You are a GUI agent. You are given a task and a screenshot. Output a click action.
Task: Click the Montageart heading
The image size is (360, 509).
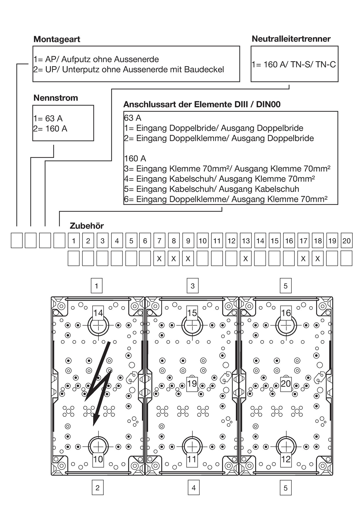[57, 39]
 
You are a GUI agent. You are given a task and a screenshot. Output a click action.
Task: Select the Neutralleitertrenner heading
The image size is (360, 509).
[291, 39]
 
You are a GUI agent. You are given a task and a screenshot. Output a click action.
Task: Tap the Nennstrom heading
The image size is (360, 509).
[55, 98]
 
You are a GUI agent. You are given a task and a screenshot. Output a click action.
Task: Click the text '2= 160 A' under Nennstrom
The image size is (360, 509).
[50, 129]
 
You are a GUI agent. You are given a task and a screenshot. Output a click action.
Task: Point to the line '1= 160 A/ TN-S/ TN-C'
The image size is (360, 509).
[294, 64]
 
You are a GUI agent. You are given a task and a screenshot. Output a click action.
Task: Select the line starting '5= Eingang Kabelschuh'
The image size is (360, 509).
[211, 189]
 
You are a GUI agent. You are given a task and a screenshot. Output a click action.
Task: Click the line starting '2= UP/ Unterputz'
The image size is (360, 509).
[129, 70]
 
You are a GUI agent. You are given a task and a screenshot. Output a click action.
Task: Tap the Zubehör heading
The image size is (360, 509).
[87, 226]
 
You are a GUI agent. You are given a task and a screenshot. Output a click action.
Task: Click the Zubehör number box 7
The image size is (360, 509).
[159, 241]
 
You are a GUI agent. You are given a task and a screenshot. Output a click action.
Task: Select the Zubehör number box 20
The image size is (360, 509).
[346, 241]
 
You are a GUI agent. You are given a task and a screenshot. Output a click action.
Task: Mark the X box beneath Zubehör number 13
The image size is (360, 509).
[246, 259]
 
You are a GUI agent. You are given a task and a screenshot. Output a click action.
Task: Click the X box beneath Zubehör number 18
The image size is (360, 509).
[318, 259]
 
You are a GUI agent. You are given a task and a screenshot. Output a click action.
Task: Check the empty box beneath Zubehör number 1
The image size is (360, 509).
[73, 259]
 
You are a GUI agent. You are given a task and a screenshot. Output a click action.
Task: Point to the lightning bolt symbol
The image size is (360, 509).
[100, 383]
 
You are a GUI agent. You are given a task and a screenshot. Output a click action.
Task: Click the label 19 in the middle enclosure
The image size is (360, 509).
[192, 384]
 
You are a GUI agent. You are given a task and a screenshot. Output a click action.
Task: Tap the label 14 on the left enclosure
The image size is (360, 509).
[98, 313]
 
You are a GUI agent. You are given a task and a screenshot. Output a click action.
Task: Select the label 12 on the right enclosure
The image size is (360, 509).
[286, 459]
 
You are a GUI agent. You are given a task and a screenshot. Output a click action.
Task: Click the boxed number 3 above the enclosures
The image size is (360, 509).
[192, 286]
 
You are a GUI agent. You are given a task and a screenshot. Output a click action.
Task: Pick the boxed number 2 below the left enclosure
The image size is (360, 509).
[98, 488]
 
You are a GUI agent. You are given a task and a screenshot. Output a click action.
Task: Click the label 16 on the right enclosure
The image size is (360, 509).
[286, 313]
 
